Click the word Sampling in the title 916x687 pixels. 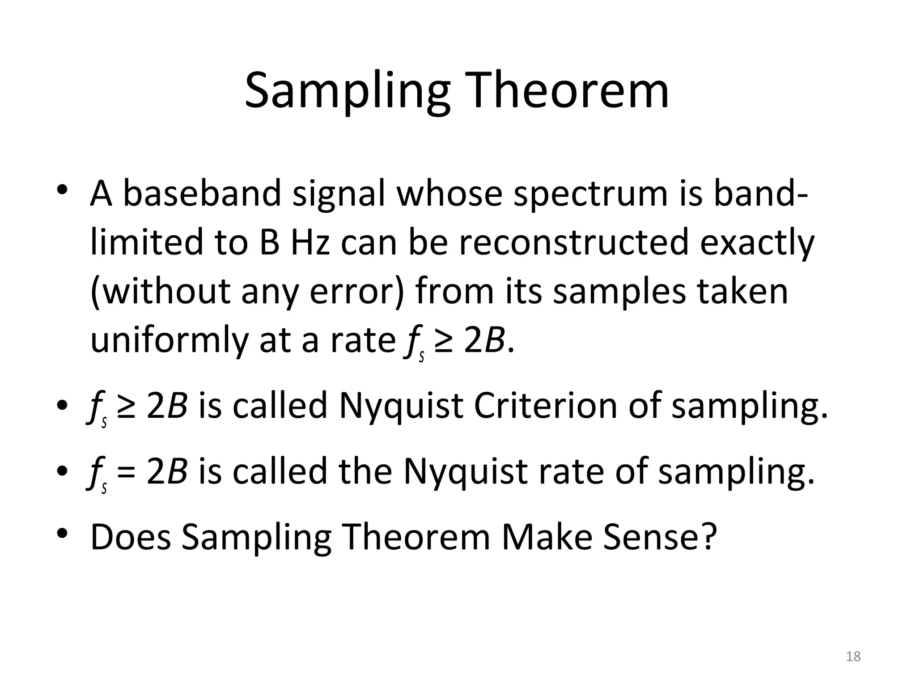(347, 92)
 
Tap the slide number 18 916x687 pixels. (853, 657)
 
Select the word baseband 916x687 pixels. (202, 193)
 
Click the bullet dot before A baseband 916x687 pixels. (62, 190)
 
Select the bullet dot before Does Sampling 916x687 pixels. (62, 534)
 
